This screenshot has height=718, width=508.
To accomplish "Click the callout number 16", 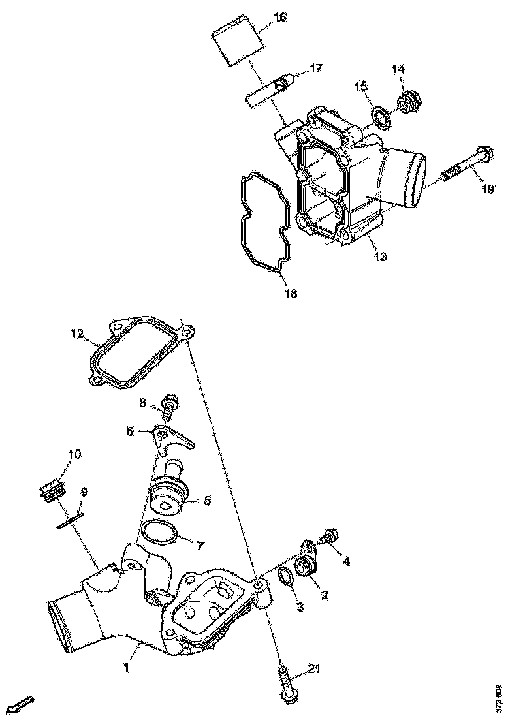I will point(279,18).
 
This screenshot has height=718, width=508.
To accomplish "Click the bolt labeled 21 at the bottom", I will point(286,683).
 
